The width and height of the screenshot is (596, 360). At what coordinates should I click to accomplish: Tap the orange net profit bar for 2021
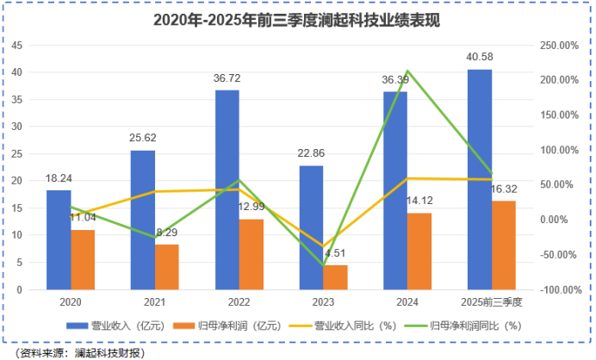[x=167, y=267]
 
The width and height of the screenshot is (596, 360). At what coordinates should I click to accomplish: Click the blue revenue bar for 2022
[x=227, y=189]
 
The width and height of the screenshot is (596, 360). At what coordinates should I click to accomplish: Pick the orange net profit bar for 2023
[x=335, y=277]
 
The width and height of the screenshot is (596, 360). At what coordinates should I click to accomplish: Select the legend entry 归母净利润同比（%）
[x=469, y=325]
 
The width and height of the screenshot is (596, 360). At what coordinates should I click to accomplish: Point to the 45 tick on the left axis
[x=17, y=45]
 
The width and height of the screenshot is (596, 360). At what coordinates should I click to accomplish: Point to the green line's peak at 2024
[x=407, y=71]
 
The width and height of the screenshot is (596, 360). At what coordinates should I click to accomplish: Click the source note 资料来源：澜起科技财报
[x=79, y=351]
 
